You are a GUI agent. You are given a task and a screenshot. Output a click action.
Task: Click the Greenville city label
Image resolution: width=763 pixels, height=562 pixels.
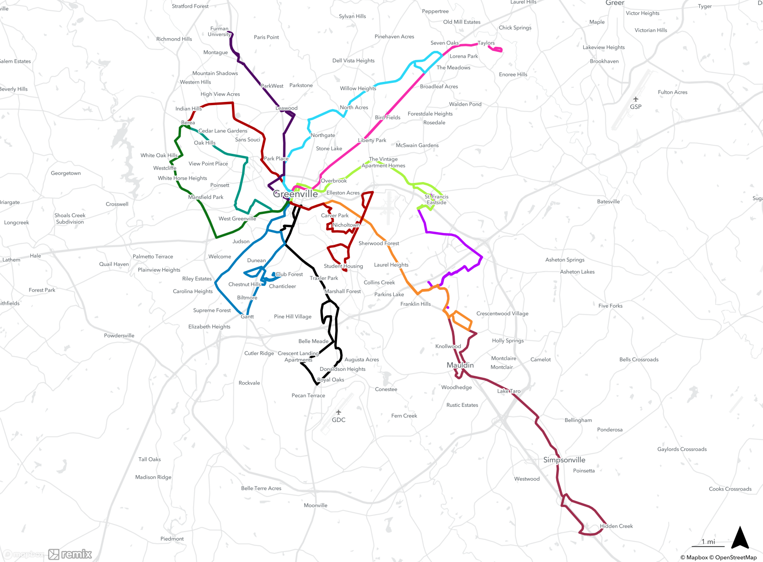pyautogui.click(x=296, y=194)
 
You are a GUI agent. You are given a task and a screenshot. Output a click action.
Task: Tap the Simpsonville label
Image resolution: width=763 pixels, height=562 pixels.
pyautogui.click(x=564, y=460)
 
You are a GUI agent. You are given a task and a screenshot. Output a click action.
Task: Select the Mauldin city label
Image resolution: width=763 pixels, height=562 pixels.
pyautogui.click(x=460, y=365)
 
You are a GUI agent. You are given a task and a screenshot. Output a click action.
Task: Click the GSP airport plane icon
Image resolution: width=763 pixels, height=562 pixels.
pyautogui.click(x=636, y=99)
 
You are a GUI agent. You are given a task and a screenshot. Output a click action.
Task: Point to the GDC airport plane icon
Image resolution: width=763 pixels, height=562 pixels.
pyautogui.click(x=338, y=412)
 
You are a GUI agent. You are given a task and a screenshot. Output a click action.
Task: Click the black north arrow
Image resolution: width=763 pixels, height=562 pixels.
pyautogui.click(x=740, y=538)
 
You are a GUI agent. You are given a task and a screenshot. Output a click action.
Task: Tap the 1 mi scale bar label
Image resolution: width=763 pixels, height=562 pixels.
pyautogui.click(x=708, y=542)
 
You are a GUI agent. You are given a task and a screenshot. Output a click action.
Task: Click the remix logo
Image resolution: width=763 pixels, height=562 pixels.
pyautogui.click(x=70, y=554)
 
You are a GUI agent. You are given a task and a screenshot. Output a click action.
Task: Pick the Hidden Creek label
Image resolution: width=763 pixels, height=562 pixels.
pyautogui.click(x=616, y=526)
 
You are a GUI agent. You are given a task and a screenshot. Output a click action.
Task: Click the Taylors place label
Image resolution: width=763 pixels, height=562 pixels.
pyautogui.click(x=486, y=43)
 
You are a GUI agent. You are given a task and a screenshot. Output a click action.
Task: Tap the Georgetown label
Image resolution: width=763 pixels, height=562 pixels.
pyautogui.click(x=66, y=173)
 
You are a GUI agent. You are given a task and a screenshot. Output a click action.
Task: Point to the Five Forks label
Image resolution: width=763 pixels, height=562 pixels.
pyautogui.click(x=610, y=306)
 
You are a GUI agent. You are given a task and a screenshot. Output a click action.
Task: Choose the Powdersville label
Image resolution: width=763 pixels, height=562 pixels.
pyautogui.click(x=119, y=336)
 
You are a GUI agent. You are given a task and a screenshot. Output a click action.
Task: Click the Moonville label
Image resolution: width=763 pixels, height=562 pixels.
pyautogui.click(x=316, y=506)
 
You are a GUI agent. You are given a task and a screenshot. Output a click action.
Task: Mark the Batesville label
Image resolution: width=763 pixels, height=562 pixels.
pyautogui.click(x=608, y=202)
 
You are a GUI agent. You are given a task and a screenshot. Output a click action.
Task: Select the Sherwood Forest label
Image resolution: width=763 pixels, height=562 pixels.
pyautogui.click(x=379, y=243)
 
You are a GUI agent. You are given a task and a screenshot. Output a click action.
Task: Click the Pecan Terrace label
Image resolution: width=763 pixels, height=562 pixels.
pyautogui.click(x=308, y=395)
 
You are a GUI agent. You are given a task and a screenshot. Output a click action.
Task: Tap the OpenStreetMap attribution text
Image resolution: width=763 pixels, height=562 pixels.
pyautogui.click(x=736, y=557)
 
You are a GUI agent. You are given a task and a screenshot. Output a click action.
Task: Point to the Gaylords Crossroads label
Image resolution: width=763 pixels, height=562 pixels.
pyautogui.click(x=682, y=449)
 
